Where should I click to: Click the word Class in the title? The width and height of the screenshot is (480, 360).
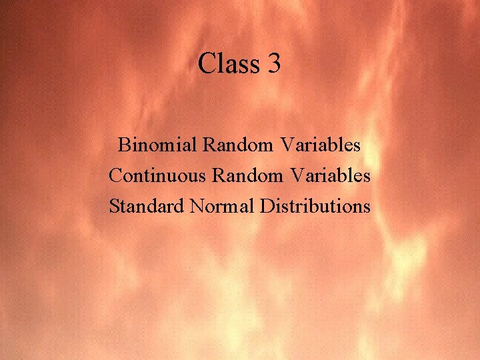click(x=227, y=65)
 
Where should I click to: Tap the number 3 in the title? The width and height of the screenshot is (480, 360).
click(x=274, y=65)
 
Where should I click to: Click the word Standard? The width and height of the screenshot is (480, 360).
click(x=146, y=206)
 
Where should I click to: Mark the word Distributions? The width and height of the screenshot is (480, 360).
click(x=315, y=206)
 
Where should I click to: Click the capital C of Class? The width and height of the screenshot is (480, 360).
click(x=207, y=65)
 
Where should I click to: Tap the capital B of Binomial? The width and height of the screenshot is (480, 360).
click(x=123, y=145)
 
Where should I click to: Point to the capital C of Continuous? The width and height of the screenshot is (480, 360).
click(x=115, y=175)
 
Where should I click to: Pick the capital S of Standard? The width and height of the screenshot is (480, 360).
click(x=114, y=206)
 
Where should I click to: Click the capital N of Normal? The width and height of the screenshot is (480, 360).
click(x=197, y=206)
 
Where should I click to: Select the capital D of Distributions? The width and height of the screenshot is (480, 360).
click(x=267, y=206)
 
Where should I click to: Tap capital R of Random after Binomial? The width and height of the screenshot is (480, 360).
click(x=209, y=145)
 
